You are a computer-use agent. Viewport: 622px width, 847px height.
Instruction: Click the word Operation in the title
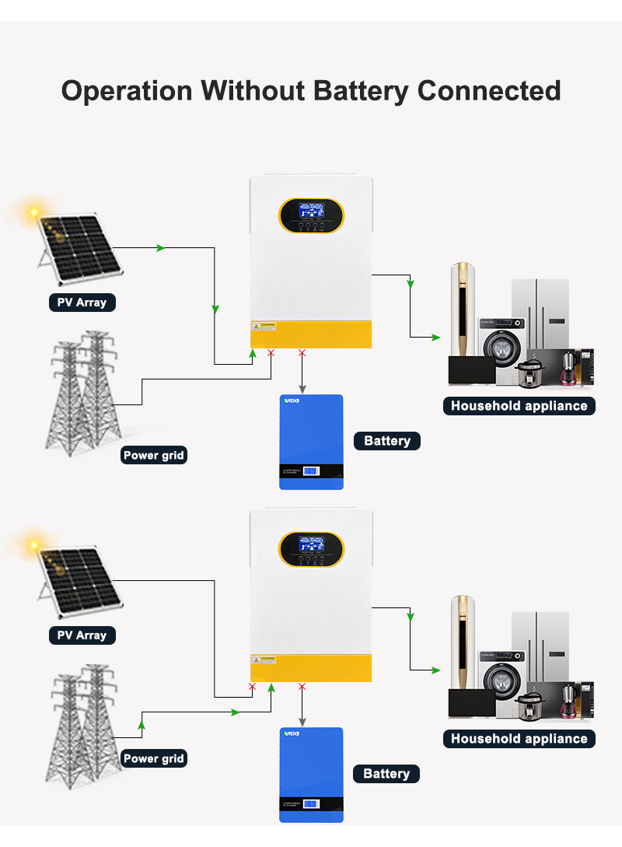(x=127, y=91)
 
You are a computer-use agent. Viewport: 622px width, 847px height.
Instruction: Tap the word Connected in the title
(x=489, y=91)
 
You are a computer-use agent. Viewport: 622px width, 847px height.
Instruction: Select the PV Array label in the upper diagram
(x=82, y=302)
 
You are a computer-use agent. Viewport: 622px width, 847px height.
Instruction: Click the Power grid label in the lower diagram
(x=154, y=758)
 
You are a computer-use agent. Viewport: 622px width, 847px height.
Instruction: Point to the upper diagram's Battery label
(x=386, y=441)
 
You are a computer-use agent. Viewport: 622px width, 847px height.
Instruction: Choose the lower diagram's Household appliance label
(x=519, y=738)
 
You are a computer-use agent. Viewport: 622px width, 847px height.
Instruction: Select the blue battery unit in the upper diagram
(x=311, y=442)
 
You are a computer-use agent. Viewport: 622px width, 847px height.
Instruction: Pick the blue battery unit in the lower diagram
(x=311, y=774)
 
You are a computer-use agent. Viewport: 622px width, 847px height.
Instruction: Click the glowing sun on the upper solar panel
(x=33, y=210)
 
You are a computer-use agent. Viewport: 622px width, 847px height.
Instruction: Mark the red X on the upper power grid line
(x=271, y=354)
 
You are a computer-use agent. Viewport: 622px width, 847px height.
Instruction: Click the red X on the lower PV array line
(x=252, y=686)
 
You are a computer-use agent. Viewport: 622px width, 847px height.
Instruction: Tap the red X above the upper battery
(x=302, y=354)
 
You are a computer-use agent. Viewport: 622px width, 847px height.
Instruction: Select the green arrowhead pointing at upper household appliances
(x=436, y=337)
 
